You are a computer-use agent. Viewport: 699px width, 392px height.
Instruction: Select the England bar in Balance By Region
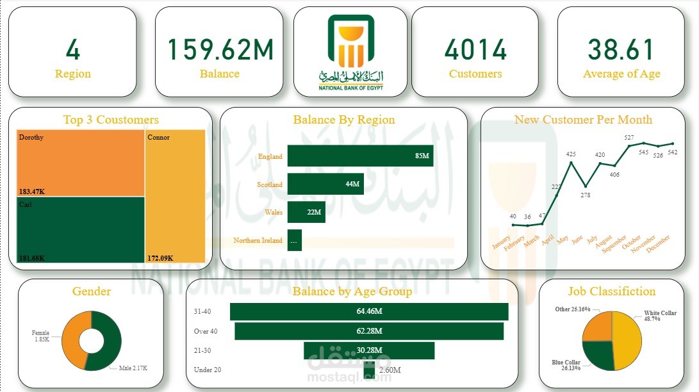coord(359,156)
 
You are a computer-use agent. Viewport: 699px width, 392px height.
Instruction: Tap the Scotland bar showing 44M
coord(325,184)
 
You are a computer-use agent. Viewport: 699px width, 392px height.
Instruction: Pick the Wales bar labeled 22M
coord(306,212)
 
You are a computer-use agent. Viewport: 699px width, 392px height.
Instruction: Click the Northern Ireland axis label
coord(258,241)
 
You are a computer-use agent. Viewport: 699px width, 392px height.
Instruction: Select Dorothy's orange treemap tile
coord(80,162)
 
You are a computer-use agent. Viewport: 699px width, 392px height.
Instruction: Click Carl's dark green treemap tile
coord(80,229)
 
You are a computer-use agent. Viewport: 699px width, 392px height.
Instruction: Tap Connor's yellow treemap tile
coord(176,195)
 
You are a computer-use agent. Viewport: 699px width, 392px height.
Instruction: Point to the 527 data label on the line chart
coord(629,138)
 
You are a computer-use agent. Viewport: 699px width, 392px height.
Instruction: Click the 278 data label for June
coord(584,195)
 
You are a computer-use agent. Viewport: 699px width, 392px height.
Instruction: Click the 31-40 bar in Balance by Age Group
coord(369,311)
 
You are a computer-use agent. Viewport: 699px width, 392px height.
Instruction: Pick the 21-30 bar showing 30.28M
coord(369,350)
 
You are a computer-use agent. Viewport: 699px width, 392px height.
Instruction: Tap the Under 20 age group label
coord(207,370)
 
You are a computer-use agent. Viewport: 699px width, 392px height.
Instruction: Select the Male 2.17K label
coord(133,368)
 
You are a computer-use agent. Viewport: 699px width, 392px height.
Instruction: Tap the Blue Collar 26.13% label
coord(566,365)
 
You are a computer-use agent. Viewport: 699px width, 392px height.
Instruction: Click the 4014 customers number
coord(475,50)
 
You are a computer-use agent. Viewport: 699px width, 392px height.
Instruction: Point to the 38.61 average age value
coord(621,50)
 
